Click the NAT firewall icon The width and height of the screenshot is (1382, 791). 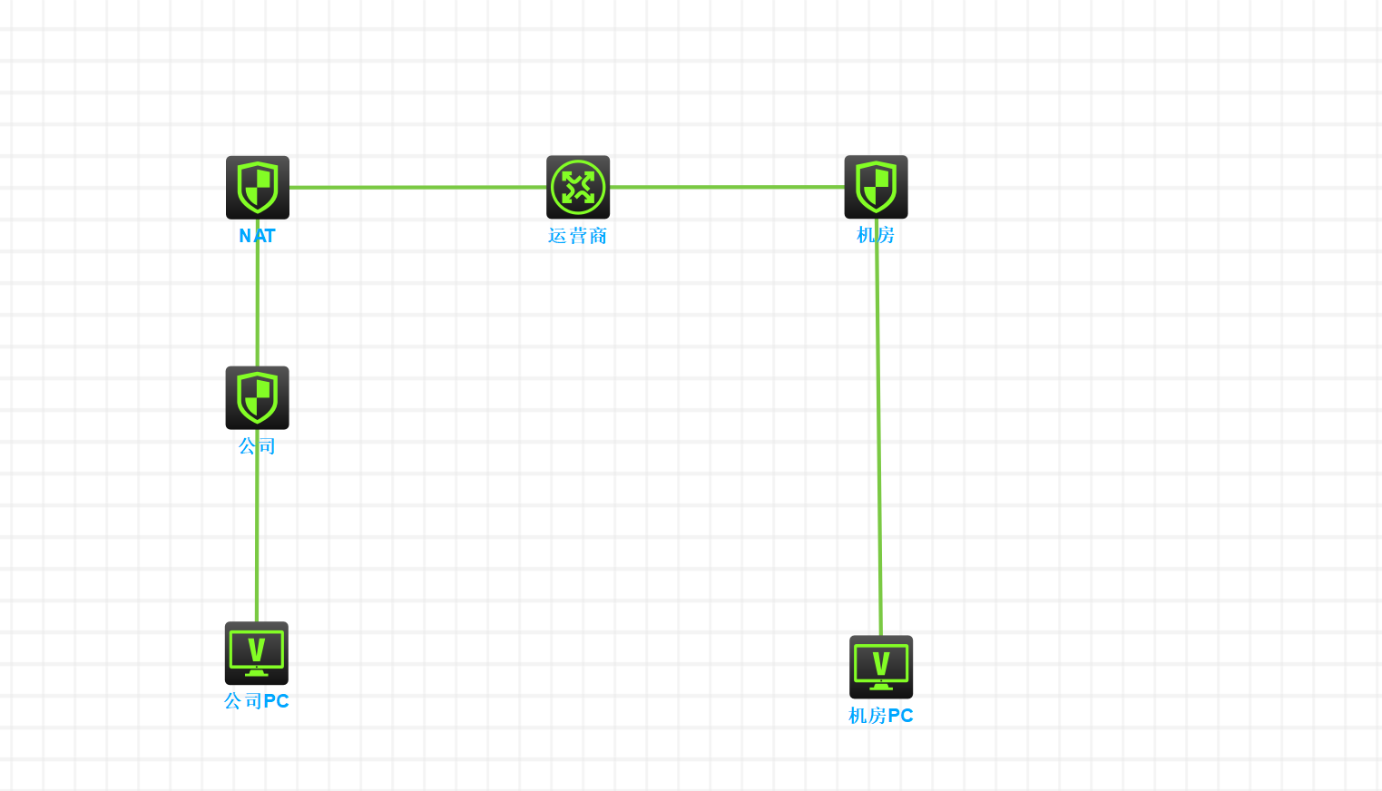[x=258, y=187]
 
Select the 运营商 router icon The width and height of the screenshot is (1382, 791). [x=578, y=187]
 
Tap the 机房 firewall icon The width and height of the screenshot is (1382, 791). [x=876, y=187]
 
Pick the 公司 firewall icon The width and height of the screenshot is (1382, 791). [x=258, y=397]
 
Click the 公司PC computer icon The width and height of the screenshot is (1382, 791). [x=257, y=653]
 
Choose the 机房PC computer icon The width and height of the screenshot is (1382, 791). [x=881, y=667]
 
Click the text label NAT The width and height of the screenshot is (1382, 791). [x=257, y=236]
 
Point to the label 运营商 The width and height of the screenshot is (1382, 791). [x=577, y=236]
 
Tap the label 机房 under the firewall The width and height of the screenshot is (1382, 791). [x=876, y=235]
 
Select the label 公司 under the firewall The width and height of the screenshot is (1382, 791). [x=257, y=446]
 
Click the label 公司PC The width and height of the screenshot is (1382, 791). [x=257, y=701]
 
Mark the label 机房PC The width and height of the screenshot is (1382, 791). [x=881, y=716]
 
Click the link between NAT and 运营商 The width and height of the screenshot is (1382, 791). [x=417, y=188]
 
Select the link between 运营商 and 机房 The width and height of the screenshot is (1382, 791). [x=726, y=188]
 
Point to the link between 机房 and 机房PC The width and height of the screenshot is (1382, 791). [x=878, y=435]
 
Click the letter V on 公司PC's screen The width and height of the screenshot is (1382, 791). [x=257, y=649]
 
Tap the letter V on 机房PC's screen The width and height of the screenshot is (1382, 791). [x=881, y=663]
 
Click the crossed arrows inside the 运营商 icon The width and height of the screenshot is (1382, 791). [x=578, y=187]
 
